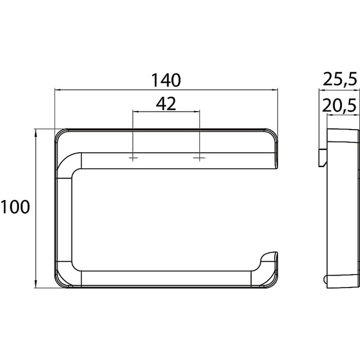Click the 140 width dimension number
pyautogui.click(x=166, y=80)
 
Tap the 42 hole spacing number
pyautogui.click(x=166, y=104)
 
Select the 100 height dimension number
pyautogui.click(x=15, y=207)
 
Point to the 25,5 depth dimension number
pyautogui.click(x=340, y=79)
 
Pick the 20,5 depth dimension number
pyautogui.click(x=339, y=105)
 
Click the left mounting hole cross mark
pyautogui.click(x=133, y=158)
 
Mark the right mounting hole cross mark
pyautogui.click(x=200, y=158)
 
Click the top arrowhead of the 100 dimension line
pyautogui.click(x=35, y=133)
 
